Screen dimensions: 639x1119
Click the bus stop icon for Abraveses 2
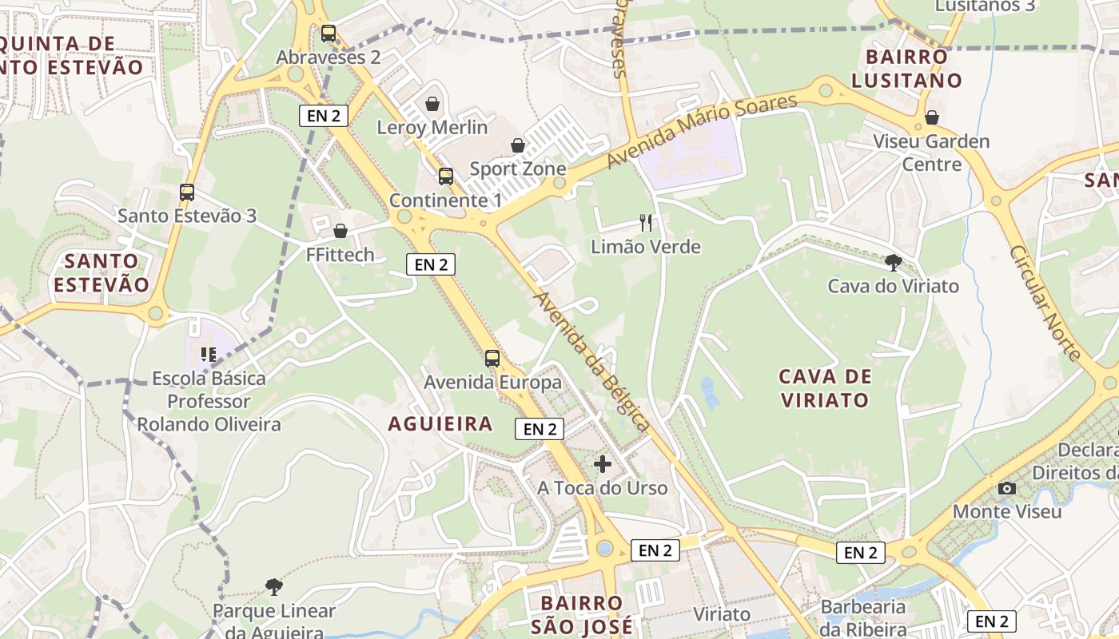pyautogui.click(x=328, y=34)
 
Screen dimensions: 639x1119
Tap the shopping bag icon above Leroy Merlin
pyautogui.click(x=432, y=104)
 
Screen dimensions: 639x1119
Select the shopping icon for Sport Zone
pyautogui.click(x=518, y=145)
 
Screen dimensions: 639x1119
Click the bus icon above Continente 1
pyautogui.click(x=446, y=177)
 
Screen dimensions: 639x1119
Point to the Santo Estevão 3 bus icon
pyautogui.click(x=187, y=192)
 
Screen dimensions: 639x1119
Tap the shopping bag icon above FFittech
pyautogui.click(x=340, y=232)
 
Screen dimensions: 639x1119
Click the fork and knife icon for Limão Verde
pyautogui.click(x=646, y=223)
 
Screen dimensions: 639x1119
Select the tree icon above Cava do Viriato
pyautogui.click(x=894, y=262)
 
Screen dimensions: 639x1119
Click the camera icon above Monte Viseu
pyautogui.click(x=1007, y=488)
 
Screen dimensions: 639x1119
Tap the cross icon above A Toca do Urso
pyautogui.click(x=603, y=464)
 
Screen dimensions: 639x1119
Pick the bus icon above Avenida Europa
pyautogui.click(x=492, y=359)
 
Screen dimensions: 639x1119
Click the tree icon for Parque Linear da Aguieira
pyautogui.click(x=274, y=587)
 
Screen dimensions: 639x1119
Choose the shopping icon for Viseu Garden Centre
pyautogui.click(x=931, y=118)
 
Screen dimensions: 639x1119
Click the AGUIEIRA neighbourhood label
pyautogui.click(x=440, y=423)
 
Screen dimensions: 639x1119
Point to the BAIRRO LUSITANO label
pyautogui.click(x=906, y=69)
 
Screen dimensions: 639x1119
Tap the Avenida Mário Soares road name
pyautogui.click(x=702, y=132)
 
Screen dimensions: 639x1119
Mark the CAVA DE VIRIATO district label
pyautogui.click(x=825, y=387)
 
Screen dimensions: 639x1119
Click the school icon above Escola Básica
pyautogui.click(x=209, y=354)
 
